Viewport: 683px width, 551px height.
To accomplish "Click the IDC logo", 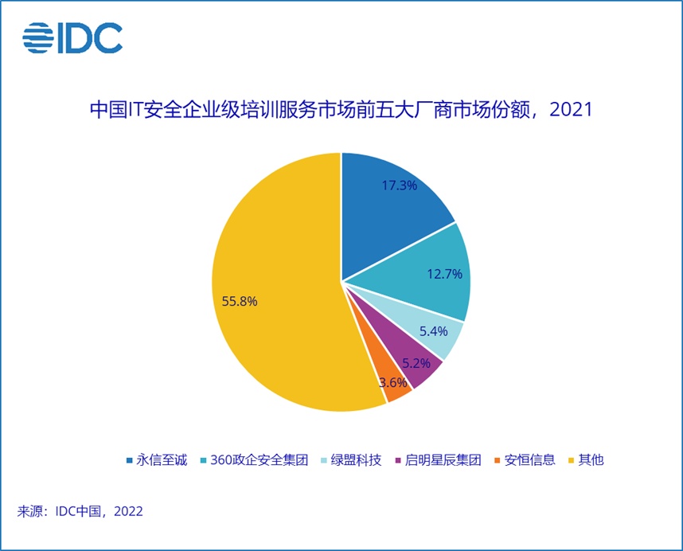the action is (x=72, y=38).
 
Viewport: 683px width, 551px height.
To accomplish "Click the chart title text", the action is (x=341, y=109).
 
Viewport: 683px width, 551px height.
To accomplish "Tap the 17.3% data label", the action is (x=399, y=186).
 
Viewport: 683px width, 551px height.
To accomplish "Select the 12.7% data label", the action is (x=444, y=274).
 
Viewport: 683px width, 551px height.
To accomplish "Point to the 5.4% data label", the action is (x=433, y=331).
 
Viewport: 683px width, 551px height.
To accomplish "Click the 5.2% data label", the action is (x=416, y=363).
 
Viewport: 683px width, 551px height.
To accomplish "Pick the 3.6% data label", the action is (x=393, y=382).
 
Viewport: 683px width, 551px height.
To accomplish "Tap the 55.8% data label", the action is (x=240, y=302).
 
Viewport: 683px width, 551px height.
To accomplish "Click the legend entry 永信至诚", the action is (x=157, y=460).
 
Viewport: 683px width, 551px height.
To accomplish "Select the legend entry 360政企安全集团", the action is (x=255, y=460).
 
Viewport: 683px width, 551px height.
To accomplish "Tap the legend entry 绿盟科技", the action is (x=351, y=460).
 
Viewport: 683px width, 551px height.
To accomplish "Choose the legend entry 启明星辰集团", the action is (x=438, y=460).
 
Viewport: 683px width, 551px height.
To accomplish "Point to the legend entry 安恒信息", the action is (x=525, y=460).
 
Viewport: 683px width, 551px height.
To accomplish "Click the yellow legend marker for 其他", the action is (x=572, y=460).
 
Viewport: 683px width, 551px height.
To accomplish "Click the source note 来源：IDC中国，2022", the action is (x=80, y=511).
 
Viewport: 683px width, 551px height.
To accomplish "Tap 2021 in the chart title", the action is (x=571, y=109).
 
